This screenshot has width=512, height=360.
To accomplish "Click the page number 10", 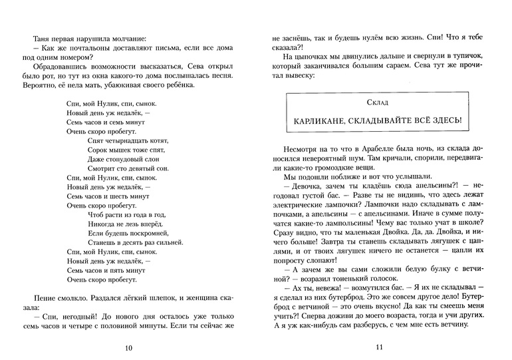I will (128, 347).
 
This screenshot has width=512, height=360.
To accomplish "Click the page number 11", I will (379, 347).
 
